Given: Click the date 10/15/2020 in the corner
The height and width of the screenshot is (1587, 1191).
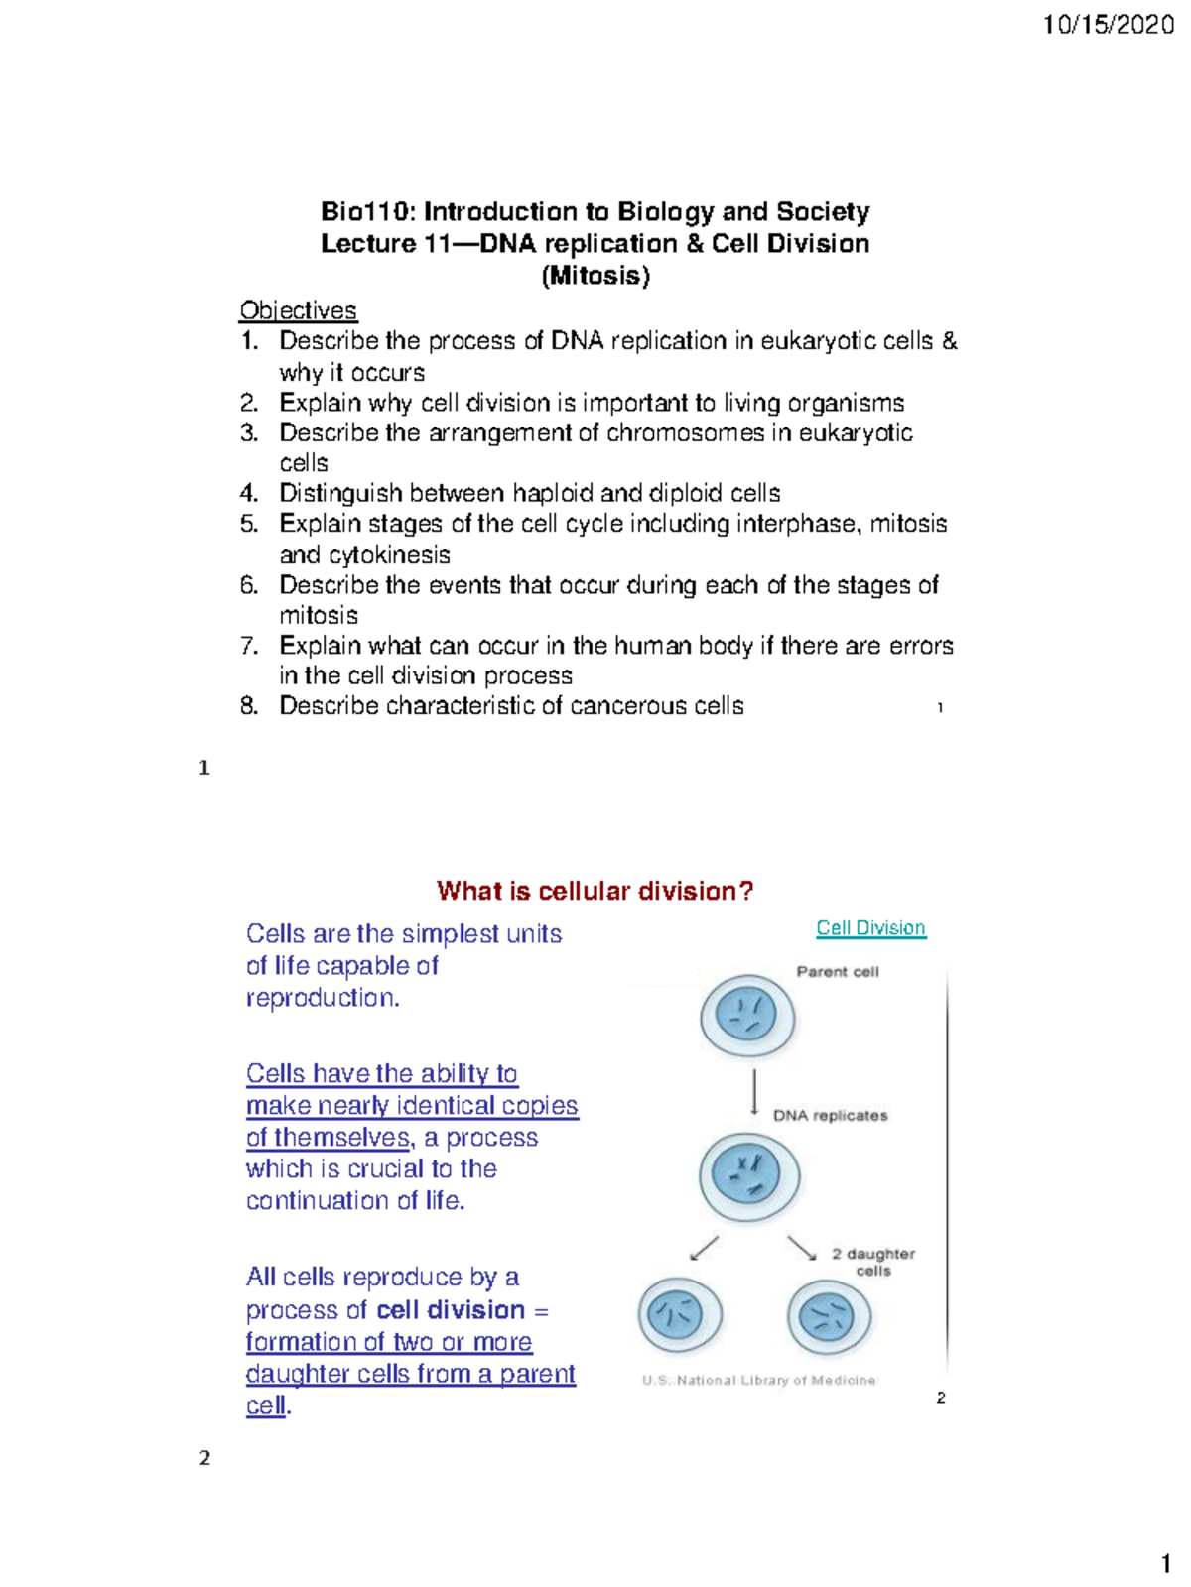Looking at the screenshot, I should pyautogui.click(x=1109, y=25).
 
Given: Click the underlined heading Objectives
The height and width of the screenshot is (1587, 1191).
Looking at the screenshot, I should pyautogui.click(x=298, y=310).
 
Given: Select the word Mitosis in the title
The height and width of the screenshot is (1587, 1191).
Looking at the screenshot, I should pyautogui.click(x=595, y=276).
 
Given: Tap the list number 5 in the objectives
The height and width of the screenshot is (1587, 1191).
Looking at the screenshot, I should pyautogui.click(x=248, y=524).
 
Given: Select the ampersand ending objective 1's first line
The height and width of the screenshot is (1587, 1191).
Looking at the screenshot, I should pyautogui.click(x=950, y=341).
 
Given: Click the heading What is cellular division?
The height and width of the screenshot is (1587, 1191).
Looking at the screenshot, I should pyautogui.click(x=595, y=891).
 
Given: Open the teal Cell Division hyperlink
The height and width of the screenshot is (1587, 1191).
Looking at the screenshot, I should pyautogui.click(x=870, y=928).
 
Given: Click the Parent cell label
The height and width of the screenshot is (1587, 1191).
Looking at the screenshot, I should pyautogui.click(x=837, y=972).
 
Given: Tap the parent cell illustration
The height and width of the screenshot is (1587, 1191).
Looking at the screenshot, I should pyautogui.click(x=747, y=1017).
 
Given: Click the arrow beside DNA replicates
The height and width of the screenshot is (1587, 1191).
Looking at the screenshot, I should pyautogui.click(x=754, y=1092).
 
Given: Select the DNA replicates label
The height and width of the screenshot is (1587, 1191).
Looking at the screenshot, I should pyautogui.click(x=830, y=1116).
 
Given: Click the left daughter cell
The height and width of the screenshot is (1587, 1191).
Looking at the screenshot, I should pyautogui.click(x=679, y=1316).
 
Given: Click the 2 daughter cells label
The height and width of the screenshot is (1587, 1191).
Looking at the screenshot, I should pyautogui.click(x=872, y=1262).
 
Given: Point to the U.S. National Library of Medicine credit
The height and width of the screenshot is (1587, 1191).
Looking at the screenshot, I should pyautogui.click(x=758, y=1380).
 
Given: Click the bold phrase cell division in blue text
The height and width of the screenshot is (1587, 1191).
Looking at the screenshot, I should pyautogui.click(x=451, y=1310).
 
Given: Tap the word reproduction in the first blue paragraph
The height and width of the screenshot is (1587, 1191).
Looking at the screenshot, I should pyautogui.click(x=321, y=998).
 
